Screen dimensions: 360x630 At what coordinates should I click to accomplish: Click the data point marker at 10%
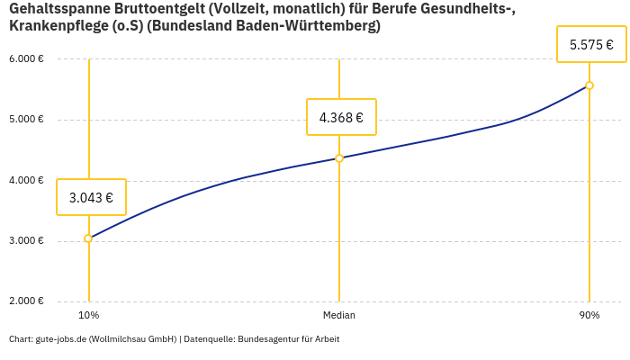[88, 238]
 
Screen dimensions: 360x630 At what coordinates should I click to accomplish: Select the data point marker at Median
[339, 158]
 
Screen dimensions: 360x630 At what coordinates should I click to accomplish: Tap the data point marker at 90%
[589, 85]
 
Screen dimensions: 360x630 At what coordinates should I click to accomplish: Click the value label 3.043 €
[91, 197]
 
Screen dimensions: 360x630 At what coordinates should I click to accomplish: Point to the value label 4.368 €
[341, 117]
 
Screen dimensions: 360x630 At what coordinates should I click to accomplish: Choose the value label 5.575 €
[591, 44]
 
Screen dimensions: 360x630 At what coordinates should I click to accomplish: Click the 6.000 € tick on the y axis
[27, 59]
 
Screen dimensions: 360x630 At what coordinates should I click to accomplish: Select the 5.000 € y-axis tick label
[27, 120]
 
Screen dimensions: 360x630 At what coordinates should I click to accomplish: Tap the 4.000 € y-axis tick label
[27, 180]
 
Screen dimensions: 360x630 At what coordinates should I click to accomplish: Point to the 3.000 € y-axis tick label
[27, 240]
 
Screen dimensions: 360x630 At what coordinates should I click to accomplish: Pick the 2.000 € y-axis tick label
[27, 301]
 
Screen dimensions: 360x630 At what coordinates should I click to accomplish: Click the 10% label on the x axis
[88, 316]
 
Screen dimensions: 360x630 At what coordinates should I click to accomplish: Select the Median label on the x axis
[339, 316]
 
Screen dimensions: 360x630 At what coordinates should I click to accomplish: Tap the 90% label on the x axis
[589, 316]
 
